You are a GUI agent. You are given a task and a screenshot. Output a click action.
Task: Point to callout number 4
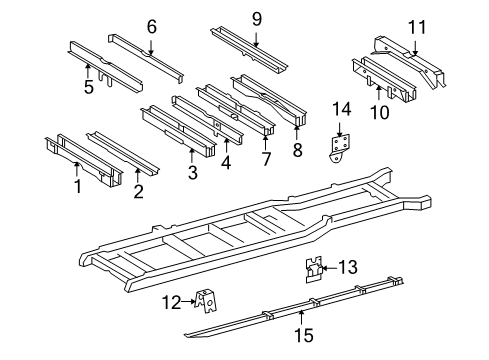[x=225, y=162]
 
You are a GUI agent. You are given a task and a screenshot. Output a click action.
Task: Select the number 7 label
[x=266, y=160]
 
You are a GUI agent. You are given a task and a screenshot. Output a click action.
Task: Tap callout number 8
[x=298, y=151]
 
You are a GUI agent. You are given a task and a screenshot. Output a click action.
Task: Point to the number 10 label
[x=379, y=112]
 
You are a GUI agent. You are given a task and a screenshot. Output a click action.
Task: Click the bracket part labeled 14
[x=341, y=146]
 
